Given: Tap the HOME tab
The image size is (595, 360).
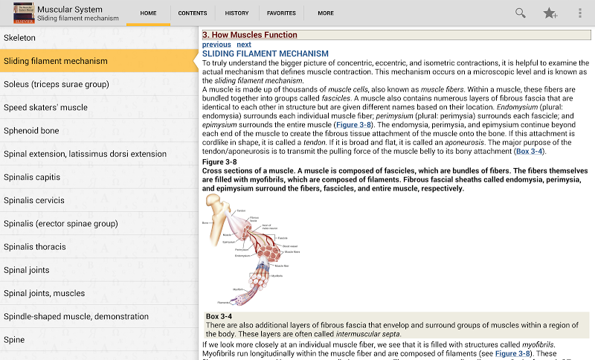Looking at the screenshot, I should (148, 13).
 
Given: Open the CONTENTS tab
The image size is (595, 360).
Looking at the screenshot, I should (193, 13).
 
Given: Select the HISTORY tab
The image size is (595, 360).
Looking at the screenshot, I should (237, 13).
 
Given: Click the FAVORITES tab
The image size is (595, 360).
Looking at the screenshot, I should (281, 13).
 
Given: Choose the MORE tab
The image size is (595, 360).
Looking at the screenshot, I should (326, 13).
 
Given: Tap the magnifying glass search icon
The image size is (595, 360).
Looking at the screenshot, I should (521, 13).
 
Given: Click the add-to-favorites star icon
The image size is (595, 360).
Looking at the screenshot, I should (550, 13).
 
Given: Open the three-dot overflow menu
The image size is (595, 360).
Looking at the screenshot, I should (580, 13).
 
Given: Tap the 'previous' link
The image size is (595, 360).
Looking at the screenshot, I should (216, 45).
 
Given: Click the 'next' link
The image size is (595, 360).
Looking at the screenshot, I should (244, 45).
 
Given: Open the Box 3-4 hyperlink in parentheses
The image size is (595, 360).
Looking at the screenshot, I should (530, 151).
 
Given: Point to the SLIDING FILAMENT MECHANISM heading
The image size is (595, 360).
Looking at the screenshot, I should (266, 54).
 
